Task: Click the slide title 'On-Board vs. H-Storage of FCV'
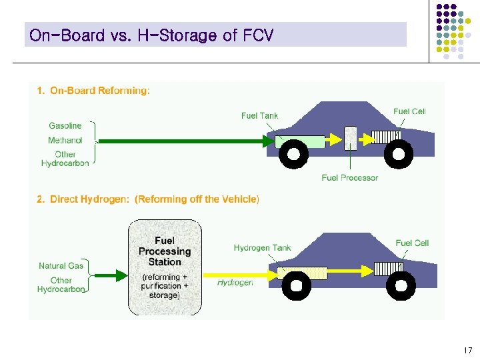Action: pos(151,35)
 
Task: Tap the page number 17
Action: pos(467,351)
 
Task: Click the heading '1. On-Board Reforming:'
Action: pos(93,91)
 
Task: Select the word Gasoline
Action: pos(65,125)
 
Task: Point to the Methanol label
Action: pos(65,140)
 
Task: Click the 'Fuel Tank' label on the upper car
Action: pos(259,116)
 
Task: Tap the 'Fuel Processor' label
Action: pos(349,177)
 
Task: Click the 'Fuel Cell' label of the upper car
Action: pos(409,111)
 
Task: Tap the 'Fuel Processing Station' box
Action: pos(164,267)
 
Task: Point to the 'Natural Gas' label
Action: pos(61,265)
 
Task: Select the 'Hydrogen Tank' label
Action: pos(262,248)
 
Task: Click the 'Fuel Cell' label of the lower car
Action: pos(412,243)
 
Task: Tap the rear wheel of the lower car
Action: pos(296,287)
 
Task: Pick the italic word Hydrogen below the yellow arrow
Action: pos(235,283)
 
